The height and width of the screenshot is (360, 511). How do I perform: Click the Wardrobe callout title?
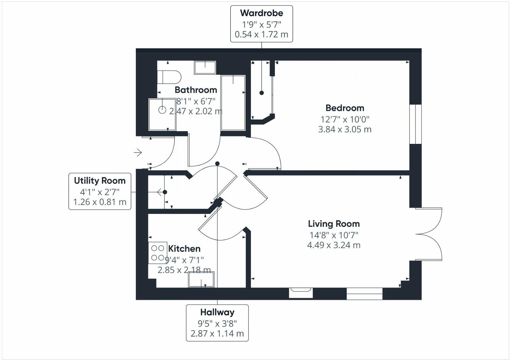[261, 13]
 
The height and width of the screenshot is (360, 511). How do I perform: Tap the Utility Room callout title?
[100, 181]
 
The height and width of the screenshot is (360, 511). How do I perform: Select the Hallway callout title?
[217, 312]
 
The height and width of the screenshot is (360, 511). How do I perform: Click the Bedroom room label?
[345, 108]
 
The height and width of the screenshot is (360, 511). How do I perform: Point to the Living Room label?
[334, 224]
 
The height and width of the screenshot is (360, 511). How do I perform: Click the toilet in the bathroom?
[169, 77]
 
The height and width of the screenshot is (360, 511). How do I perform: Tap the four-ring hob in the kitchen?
[157, 252]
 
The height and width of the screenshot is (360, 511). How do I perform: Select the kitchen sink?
[201, 279]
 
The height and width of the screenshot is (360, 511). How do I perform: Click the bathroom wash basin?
[205, 68]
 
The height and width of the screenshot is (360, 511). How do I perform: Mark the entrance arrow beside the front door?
[138, 153]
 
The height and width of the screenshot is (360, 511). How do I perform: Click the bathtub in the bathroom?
[233, 103]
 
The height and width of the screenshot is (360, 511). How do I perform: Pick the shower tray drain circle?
[163, 110]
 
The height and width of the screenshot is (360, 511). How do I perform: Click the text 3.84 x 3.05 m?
[345, 129]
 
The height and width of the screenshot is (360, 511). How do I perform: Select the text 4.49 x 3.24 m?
[334, 245]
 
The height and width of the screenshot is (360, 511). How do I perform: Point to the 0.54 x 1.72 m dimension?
[261, 34]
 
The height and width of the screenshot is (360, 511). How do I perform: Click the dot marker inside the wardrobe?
[262, 93]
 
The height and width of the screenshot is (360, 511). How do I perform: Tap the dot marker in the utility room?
[165, 192]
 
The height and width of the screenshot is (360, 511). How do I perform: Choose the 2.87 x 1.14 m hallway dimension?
[217, 334]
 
